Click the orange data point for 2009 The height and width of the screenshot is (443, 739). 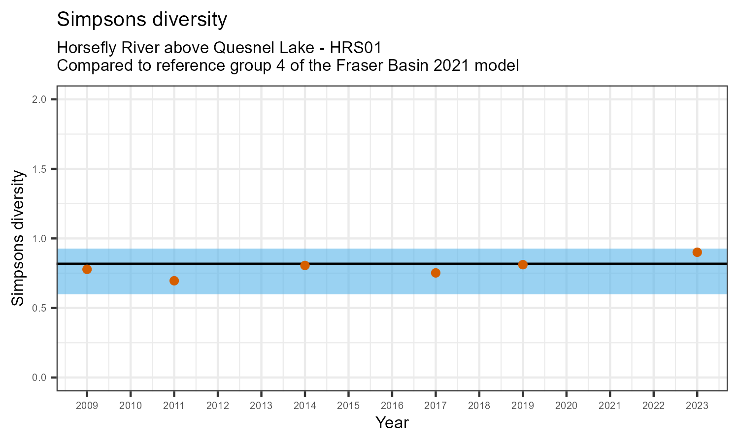pyautogui.click(x=87, y=269)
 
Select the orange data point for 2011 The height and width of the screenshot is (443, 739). pyautogui.click(x=174, y=281)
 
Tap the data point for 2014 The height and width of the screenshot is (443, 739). pyautogui.click(x=305, y=265)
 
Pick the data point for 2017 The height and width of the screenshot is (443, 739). pyautogui.click(x=436, y=273)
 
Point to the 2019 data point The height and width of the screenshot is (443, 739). pyautogui.click(x=523, y=264)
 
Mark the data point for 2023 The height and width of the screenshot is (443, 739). pyautogui.click(x=697, y=252)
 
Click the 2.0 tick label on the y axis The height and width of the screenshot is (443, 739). pyautogui.click(x=39, y=99)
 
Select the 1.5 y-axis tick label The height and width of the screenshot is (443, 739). pyautogui.click(x=39, y=169)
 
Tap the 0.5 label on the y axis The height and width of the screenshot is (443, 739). pyautogui.click(x=39, y=308)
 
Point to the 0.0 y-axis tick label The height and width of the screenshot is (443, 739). pyautogui.click(x=39, y=378)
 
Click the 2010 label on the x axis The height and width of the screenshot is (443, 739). pyautogui.click(x=131, y=406)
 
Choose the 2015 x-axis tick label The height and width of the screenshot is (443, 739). pyautogui.click(x=348, y=406)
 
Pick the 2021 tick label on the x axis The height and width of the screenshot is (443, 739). pyautogui.click(x=610, y=406)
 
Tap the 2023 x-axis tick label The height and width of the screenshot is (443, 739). pyautogui.click(x=697, y=406)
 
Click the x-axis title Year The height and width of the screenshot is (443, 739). pyautogui.click(x=392, y=422)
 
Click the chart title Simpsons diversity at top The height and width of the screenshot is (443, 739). pyautogui.click(x=142, y=20)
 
